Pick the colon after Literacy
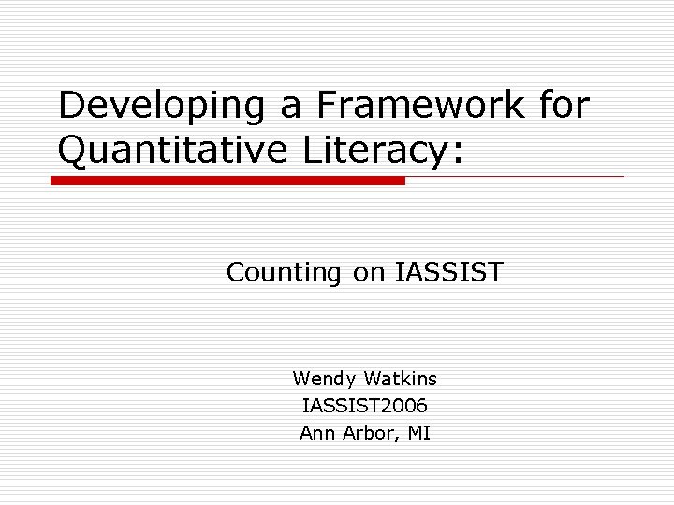[456, 151]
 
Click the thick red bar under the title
[227, 180]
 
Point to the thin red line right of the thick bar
[515, 176]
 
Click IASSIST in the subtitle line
[449, 273]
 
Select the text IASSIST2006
[365, 406]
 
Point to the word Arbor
[369, 433]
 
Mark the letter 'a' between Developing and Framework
[292, 108]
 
